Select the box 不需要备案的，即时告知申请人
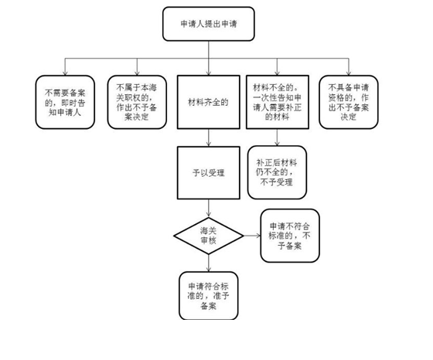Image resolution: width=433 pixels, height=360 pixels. [x=66, y=101]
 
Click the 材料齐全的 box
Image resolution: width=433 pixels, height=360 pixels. [x=208, y=101]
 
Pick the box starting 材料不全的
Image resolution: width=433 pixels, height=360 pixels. [x=278, y=101]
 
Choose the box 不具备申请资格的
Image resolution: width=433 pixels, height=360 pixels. [x=349, y=101]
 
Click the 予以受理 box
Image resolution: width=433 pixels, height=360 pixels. [x=208, y=173]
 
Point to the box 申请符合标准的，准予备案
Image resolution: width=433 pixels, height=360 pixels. [x=208, y=295]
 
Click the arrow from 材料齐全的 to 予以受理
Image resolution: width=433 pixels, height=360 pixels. [x=208, y=138]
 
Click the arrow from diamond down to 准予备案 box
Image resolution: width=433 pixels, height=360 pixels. [x=208, y=263]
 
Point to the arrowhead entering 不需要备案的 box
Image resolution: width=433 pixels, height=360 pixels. [x=66, y=71]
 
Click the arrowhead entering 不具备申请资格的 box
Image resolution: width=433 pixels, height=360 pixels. [x=349, y=71]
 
